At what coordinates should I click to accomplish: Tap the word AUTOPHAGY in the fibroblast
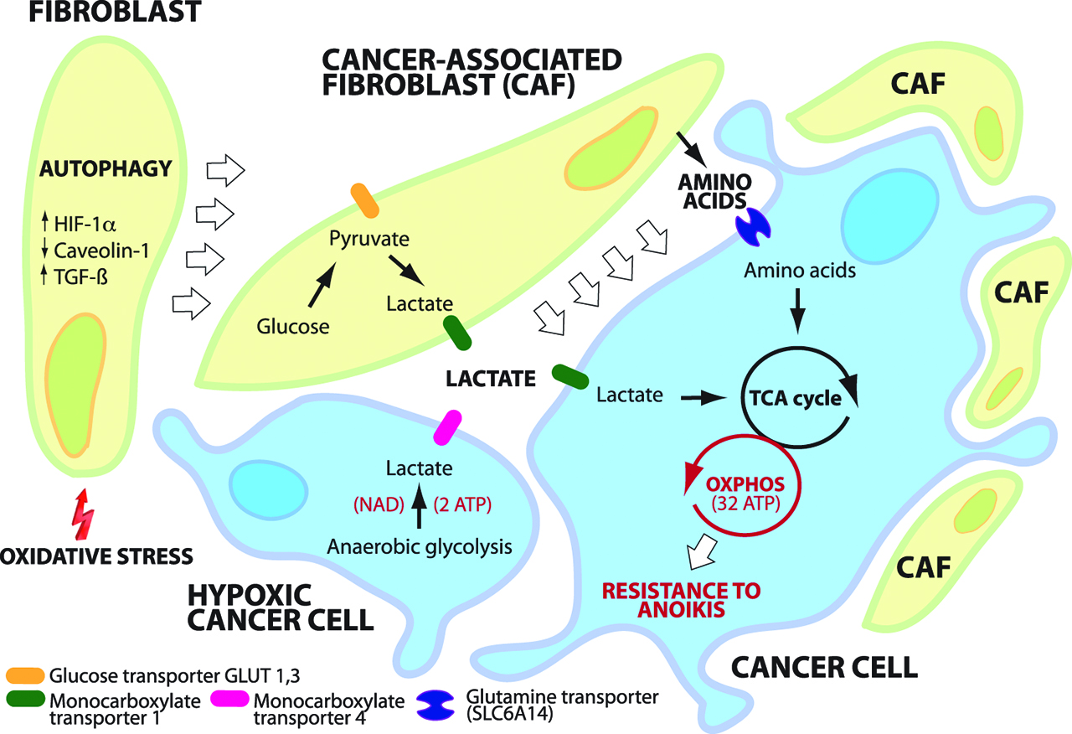coord(106,169)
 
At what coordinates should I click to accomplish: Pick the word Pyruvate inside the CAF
coord(368,239)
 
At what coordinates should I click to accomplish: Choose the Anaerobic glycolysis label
coord(419,546)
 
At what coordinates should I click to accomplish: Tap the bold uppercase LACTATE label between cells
coord(491,380)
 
